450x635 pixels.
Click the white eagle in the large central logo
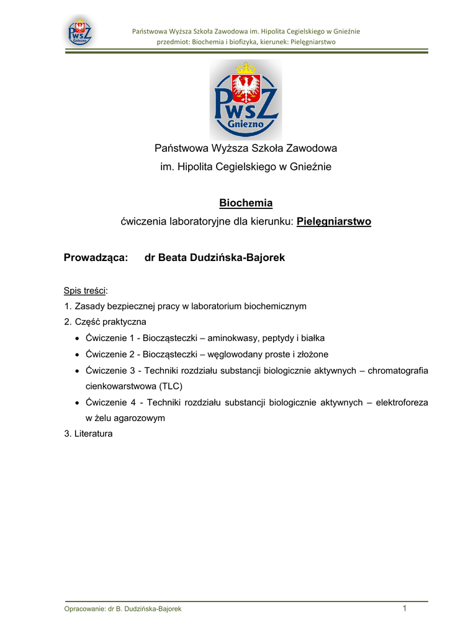(x=246, y=86)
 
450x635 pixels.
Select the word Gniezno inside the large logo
(x=246, y=123)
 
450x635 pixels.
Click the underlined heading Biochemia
(x=246, y=203)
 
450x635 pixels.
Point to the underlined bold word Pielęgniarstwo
(x=334, y=221)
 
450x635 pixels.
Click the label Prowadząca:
(x=96, y=257)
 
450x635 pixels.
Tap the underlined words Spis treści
(x=85, y=290)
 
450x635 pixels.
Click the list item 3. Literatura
(x=88, y=434)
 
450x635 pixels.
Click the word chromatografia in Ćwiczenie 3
(x=397, y=370)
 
